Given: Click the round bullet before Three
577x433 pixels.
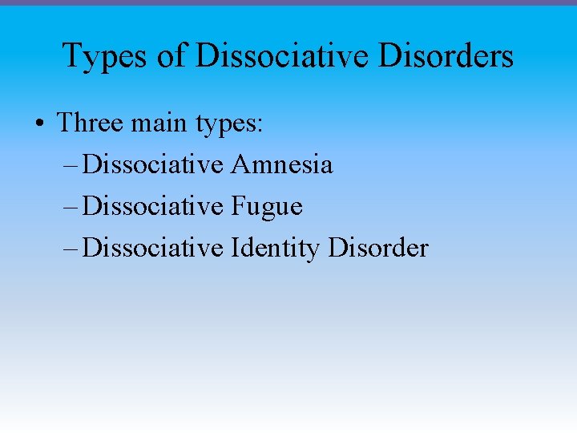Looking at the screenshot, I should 38,124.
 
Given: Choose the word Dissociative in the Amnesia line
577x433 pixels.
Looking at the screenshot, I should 153,164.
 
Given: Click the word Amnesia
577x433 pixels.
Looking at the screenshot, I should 281,164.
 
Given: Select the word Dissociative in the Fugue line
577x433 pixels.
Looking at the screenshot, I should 153,206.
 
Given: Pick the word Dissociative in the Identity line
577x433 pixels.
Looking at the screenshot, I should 153,248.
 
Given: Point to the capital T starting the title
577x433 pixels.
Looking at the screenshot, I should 71,56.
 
